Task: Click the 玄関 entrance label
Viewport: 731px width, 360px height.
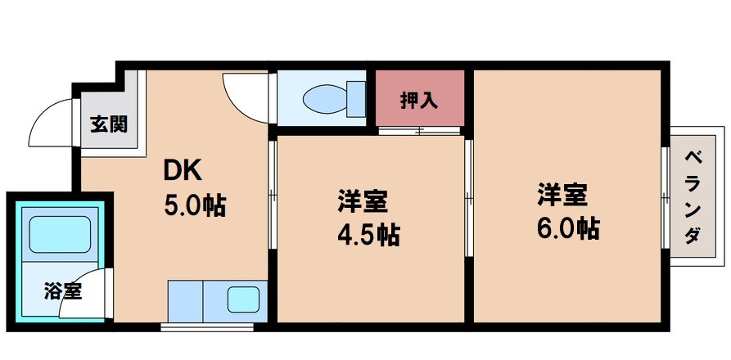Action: click(x=108, y=124)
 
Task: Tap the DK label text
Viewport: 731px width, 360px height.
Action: click(x=183, y=171)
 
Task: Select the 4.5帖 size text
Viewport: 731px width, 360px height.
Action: click(x=368, y=235)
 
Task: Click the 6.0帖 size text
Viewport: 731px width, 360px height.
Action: click(x=569, y=226)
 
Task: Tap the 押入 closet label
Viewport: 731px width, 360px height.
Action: click(x=419, y=101)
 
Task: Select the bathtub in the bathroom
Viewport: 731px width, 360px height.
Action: click(x=59, y=233)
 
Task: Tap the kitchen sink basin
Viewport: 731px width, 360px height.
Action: click(x=244, y=299)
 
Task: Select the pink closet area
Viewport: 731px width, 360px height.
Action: click(x=420, y=99)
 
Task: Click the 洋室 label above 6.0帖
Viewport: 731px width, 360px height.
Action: click(x=562, y=195)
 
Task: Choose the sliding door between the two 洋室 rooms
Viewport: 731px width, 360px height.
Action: click(x=468, y=196)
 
